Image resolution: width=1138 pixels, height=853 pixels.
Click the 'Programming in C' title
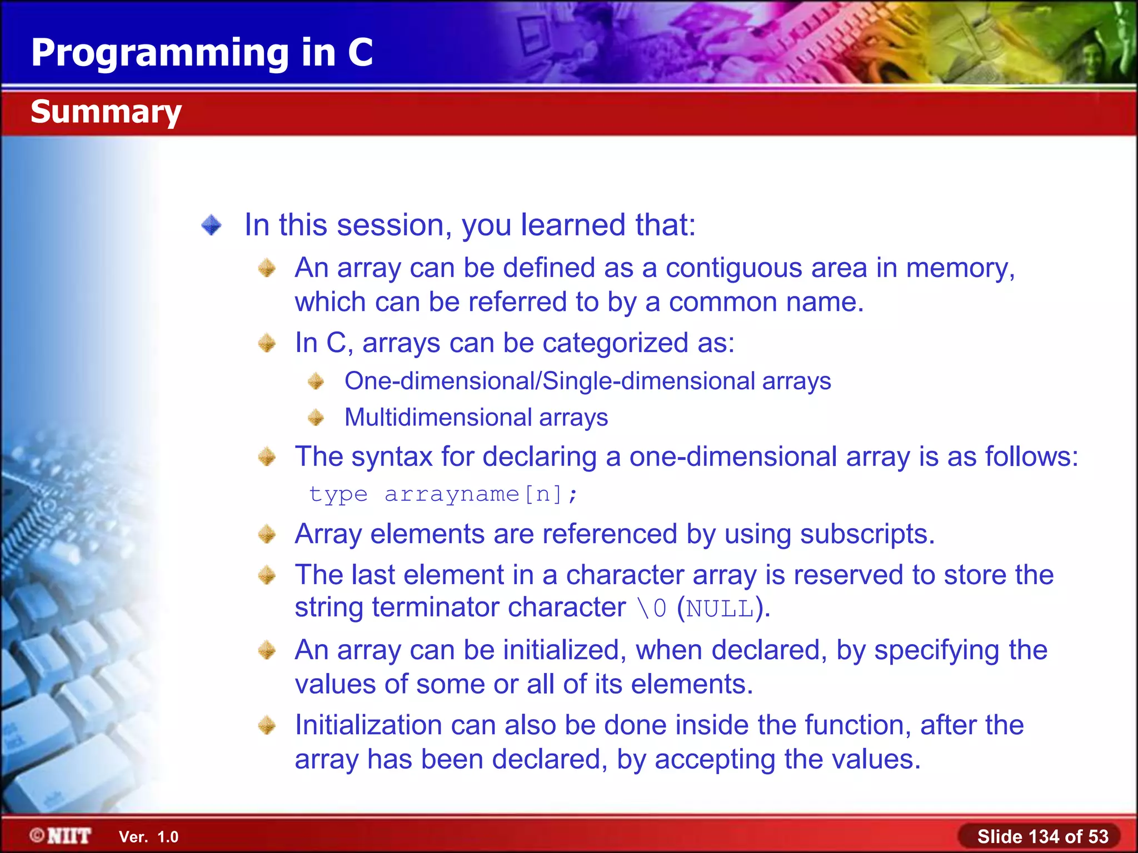pos(202,53)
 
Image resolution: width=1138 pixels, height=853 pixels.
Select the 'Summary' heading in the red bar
pos(106,112)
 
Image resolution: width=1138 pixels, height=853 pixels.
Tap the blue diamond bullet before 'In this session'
pos(212,225)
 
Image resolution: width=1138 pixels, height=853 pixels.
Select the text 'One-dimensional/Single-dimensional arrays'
pos(587,382)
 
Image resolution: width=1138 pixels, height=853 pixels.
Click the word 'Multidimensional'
pos(437,418)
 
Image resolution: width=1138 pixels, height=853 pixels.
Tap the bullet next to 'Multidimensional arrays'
pos(316,418)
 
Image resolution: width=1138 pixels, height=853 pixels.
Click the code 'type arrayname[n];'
pos(443,494)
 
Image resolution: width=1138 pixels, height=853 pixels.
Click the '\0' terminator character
pos(652,609)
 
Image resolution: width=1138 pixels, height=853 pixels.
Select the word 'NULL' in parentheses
pos(720,609)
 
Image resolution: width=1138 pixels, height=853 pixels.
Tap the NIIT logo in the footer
pos(61,836)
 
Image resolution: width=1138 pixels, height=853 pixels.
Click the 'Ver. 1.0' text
pos(148,837)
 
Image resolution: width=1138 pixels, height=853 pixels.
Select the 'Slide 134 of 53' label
pos(1042,836)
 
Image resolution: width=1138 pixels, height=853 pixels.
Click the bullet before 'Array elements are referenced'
pos(267,534)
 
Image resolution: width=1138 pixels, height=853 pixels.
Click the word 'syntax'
pos(391,457)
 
